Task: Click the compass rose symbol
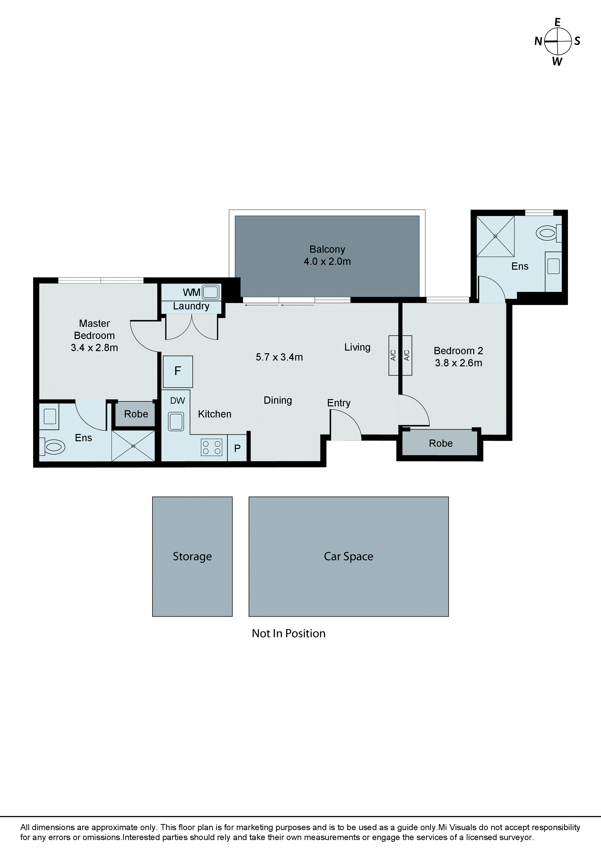pyautogui.click(x=558, y=41)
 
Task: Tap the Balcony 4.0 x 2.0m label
pyautogui.click(x=327, y=255)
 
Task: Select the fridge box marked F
pyautogui.click(x=178, y=371)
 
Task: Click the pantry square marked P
pyautogui.click(x=237, y=448)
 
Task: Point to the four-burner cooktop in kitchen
pyautogui.click(x=212, y=447)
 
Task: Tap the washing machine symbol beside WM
pyautogui.click(x=211, y=292)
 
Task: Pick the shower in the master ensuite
pyautogui.click(x=133, y=446)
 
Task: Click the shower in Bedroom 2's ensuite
pyautogui.click(x=495, y=236)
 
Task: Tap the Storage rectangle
pyautogui.click(x=192, y=556)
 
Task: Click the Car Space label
pyautogui.click(x=348, y=556)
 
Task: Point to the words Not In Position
pyautogui.click(x=288, y=633)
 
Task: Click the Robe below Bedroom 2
pyautogui.click(x=440, y=443)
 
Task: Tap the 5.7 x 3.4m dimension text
pyautogui.click(x=279, y=357)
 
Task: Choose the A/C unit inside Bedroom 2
pyautogui.click(x=407, y=355)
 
